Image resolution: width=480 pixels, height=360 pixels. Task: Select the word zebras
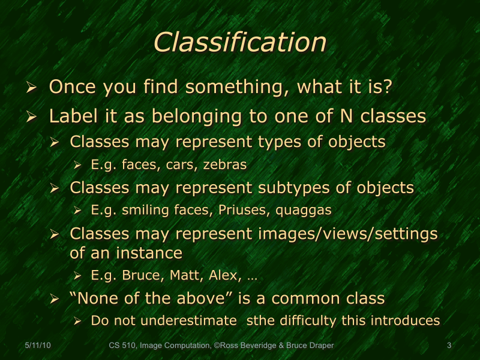[x=225, y=164]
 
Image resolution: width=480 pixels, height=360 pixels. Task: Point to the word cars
[x=182, y=164]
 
